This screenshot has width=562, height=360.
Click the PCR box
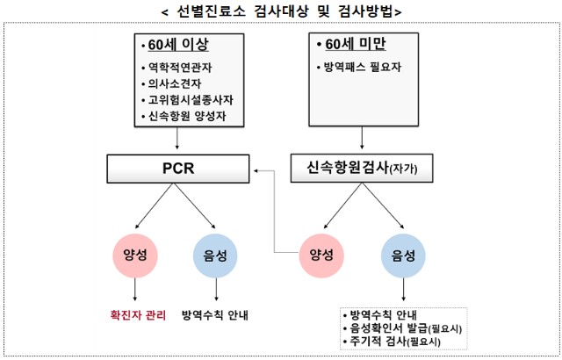point(177,168)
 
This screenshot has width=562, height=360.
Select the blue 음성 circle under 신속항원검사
point(403,254)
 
